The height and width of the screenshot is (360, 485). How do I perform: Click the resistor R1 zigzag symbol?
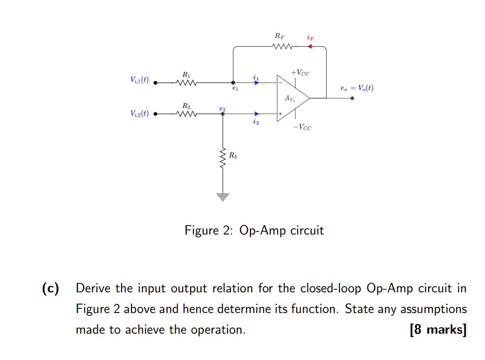tap(186, 83)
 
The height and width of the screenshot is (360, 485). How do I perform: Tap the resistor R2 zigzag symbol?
tap(186, 114)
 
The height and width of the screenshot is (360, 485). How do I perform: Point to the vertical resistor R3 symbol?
tap(223, 158)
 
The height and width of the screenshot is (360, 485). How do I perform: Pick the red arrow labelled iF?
tap(310, 47)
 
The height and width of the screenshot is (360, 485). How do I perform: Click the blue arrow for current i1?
tap(256, 83)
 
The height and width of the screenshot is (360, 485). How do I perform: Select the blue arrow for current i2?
tap(256, 114)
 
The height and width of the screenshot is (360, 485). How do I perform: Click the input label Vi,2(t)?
tap(139, 113)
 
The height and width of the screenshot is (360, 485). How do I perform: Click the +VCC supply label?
tap(300, 73)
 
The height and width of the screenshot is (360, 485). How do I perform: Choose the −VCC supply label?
tap(301, 127)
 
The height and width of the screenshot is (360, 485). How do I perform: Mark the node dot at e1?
tap(233, 83)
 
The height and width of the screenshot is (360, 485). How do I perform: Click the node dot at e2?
tap(223, 114)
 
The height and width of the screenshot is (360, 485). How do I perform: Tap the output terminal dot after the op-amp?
tap(352, 98)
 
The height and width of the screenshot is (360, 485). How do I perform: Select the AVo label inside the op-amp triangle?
tap(290, 99)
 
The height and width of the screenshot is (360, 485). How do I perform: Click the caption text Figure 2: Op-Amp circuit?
tap(254, 230)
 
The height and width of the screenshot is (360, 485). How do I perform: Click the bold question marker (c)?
tap(50, 288)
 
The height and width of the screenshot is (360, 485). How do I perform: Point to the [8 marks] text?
tap(438, 329)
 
